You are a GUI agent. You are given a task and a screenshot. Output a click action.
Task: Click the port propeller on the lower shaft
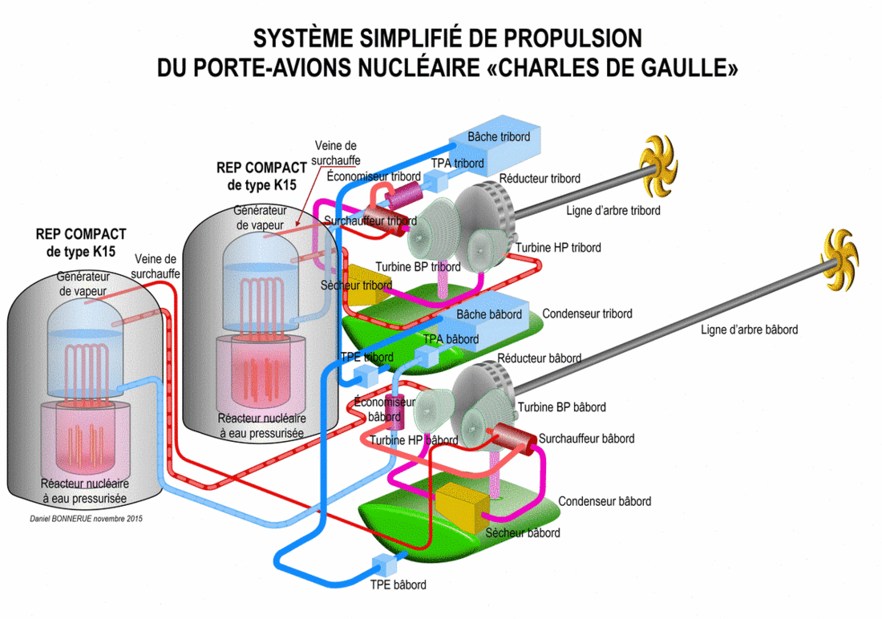839,260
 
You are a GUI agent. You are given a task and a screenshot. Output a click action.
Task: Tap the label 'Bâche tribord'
499,137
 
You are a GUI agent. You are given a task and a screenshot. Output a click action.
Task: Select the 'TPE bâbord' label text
398,585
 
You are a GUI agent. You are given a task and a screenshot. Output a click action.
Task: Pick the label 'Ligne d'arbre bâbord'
749,330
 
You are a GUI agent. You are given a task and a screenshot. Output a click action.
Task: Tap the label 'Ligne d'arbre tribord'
613,211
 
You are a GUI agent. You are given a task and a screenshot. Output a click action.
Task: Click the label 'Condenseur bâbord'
605,501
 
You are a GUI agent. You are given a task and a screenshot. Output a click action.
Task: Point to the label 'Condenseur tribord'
587,314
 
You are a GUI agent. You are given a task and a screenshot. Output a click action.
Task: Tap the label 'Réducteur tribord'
539,178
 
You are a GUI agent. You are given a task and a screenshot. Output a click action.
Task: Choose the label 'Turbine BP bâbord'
561,407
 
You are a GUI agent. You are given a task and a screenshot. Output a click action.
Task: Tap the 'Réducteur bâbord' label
539,358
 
